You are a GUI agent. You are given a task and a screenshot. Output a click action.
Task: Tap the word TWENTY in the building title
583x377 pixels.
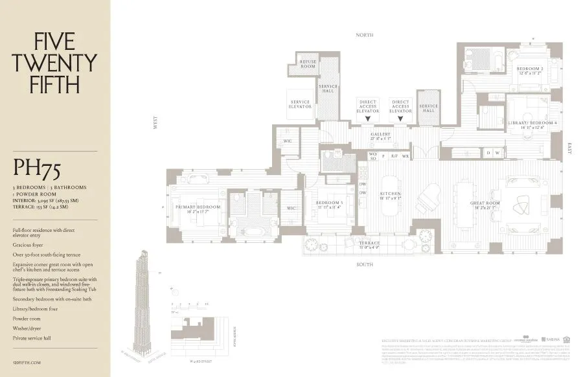coord(55,63)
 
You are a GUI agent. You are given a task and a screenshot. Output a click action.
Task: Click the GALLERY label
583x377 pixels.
coord(380,135)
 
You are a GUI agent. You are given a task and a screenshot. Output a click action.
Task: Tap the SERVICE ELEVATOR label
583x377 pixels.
coord(300,106)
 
